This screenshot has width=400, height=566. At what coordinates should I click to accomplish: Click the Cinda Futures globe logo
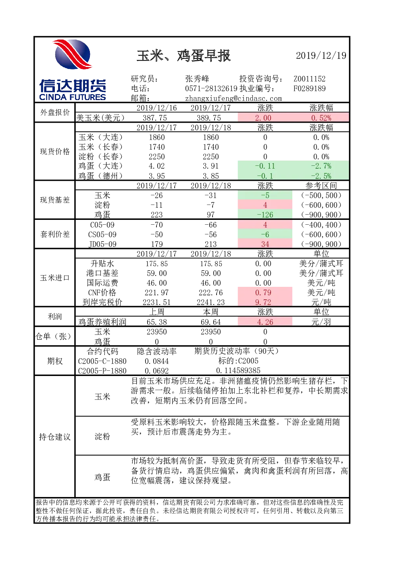73,54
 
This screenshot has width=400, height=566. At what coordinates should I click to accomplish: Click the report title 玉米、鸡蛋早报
183,56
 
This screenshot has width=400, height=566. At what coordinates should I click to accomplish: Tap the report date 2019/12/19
321,56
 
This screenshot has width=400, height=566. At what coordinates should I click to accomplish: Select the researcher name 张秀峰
197,79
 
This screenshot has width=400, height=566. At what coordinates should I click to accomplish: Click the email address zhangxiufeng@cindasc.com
233,98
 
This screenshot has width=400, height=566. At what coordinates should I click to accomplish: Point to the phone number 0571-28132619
211,88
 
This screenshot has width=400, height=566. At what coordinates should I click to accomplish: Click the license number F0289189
309,88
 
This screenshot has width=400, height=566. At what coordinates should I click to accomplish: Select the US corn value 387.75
155,118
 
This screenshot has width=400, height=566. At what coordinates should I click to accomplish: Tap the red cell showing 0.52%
321,118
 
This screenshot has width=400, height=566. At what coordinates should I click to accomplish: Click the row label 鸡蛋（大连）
100,166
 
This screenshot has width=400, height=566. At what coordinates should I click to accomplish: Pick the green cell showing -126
265,215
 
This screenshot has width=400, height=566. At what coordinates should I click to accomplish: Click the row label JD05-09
102,244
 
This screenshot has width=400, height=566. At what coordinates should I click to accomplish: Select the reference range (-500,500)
321,195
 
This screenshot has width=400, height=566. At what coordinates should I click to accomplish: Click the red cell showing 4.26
265,322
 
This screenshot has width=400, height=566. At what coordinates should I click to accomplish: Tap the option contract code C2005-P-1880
102,371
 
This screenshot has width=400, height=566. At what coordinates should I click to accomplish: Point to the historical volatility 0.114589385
238,371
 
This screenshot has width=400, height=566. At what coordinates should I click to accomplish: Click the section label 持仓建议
55,437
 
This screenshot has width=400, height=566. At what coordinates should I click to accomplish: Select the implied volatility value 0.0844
156,361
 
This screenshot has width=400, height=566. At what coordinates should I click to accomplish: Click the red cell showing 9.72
265,302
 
